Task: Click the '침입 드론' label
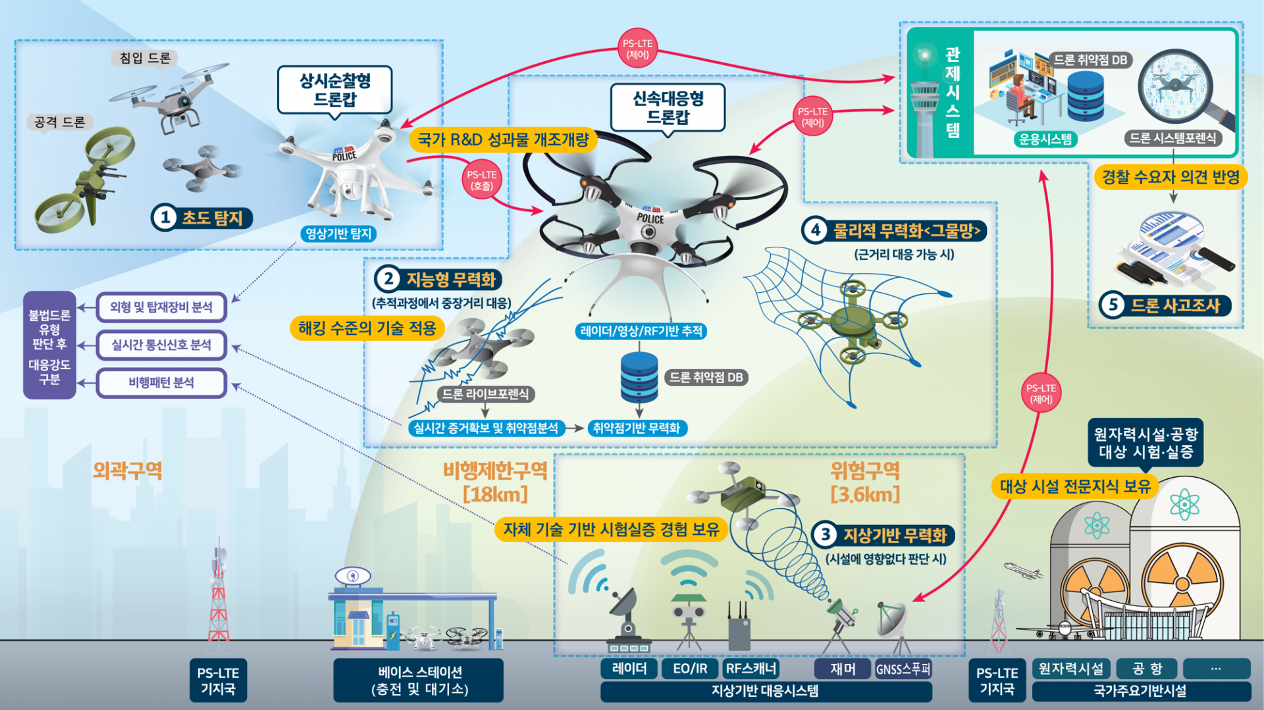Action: (145, 58)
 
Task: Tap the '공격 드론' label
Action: (60, 122)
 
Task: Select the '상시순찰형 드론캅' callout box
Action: (334, 90)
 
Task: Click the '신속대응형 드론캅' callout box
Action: (668, 107)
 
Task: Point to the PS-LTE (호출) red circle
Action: (481, 180)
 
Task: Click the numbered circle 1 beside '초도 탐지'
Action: (165, 218)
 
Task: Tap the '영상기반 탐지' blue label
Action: (338, 234)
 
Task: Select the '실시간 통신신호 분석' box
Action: (161, 345)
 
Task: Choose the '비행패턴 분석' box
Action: (161, 383)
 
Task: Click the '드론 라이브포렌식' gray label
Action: (485, 394)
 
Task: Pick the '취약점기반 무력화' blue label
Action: (636, 428)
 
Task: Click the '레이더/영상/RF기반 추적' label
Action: (641, 331)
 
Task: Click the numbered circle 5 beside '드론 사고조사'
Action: (1113, 305)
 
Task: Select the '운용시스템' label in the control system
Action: (1045, 139)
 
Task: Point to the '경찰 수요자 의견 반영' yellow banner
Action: (1171, 177)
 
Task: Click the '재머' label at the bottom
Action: (843, 669)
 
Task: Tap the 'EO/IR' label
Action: (690, 669)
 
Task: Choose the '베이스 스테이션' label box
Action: (419, 680)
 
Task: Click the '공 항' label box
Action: (1147, 669)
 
